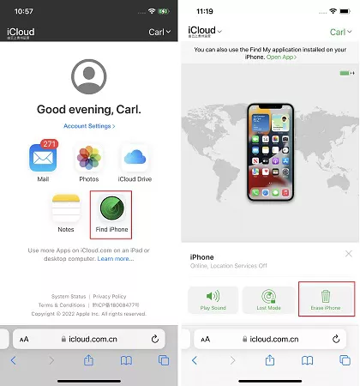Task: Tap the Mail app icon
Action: click(42, 158)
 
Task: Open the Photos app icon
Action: click(89, 158)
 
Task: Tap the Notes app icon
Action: click(66, 209)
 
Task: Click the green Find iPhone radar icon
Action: click(111, 209)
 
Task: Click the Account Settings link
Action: click(89, 125)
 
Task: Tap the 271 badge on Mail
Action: click(50, 144)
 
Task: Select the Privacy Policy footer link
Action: click(109, 296)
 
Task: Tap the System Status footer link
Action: click(71, 296)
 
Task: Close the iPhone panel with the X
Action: click(348, 254)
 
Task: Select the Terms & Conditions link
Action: click(61, 305)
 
